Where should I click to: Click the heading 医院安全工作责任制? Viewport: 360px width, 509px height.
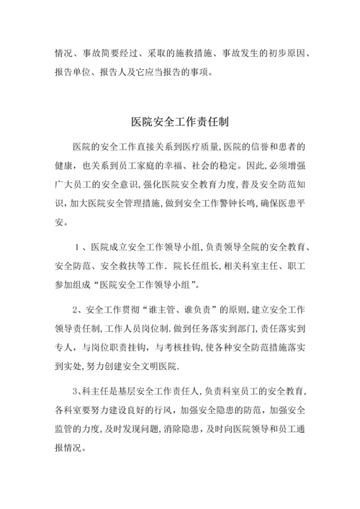[x=180, y=122]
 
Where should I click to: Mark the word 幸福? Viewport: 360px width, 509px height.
[x=189, y=166]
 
